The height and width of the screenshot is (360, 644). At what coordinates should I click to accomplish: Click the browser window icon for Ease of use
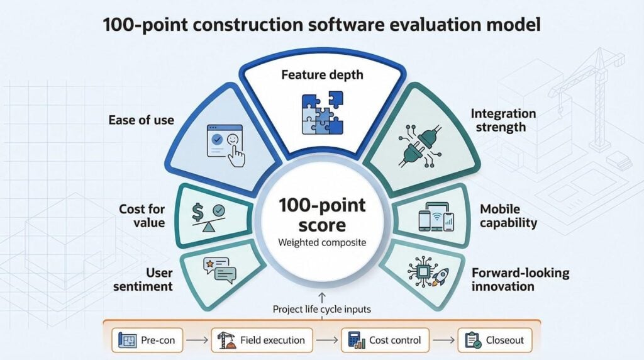click(x=225, y=144)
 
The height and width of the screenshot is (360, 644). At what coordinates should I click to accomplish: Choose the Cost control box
click(x=384, y=340)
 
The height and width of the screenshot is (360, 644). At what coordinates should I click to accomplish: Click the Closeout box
click(x=494, y=340)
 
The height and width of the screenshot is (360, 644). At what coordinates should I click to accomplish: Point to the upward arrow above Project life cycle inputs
click(x=322, y=296)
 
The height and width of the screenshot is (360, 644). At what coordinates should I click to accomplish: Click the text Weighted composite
click(x=322, y=243)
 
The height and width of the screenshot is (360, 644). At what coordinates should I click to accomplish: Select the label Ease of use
click(x=141, y=120)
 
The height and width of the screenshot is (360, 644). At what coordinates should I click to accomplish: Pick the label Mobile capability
click(x=509, y=215)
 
